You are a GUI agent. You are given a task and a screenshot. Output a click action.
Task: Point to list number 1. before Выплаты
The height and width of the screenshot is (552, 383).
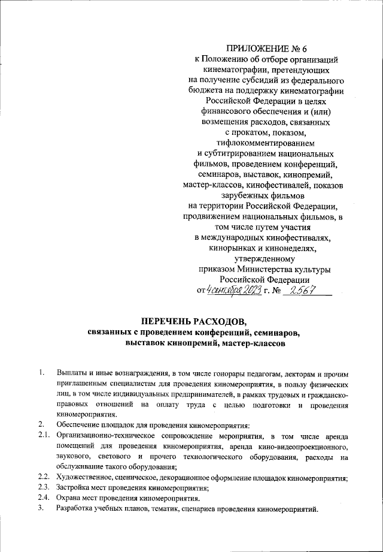(x=41, y=375)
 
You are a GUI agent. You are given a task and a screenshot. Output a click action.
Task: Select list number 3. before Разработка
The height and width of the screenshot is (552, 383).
(x=41, y=509)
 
